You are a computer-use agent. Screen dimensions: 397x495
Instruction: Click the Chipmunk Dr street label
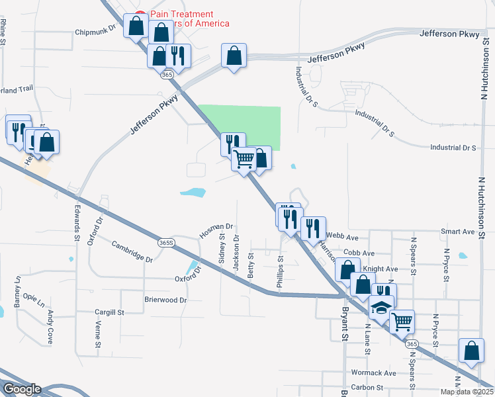[x=95, y=31]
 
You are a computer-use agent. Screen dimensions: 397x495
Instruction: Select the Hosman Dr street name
[x=216, y=230]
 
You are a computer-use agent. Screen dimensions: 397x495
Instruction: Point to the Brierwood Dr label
[x=166, y=300]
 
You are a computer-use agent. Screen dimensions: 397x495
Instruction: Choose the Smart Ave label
[x=458, y=232]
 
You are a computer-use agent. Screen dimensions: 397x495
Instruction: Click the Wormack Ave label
[x=373, y=373]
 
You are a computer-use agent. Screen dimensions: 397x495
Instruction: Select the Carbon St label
[x=367, y=388]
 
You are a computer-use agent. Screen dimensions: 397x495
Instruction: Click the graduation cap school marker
[x=381, y=308]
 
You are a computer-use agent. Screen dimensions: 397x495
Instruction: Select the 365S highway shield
[x=167, y=243]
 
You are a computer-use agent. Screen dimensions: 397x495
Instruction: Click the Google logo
[x=22, y=389]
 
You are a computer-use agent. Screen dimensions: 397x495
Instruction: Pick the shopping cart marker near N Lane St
[x=402, y=322]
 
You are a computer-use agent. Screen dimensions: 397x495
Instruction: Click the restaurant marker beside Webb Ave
[x=313, y=228]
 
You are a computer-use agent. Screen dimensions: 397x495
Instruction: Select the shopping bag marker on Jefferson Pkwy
[x=234, y=56]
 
